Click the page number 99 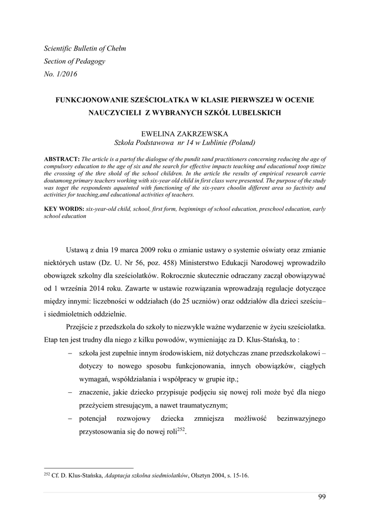coord(321,496)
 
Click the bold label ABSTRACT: coord(62,159)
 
